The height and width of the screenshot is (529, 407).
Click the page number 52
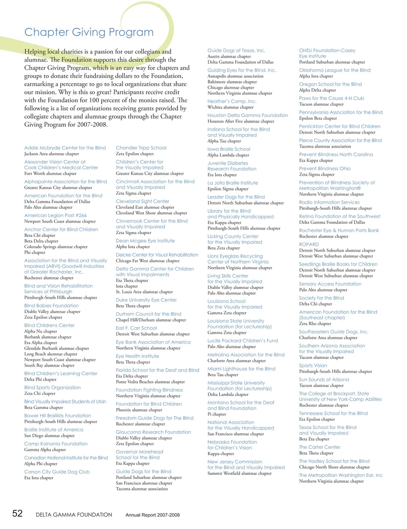[17, 514]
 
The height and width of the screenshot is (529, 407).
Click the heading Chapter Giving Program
[89, 32]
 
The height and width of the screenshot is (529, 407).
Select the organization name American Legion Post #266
[56, 216]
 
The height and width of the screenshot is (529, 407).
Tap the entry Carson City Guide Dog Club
[57, 472]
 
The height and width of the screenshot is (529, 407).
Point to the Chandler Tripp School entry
[141, 148]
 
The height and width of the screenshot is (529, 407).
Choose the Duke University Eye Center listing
[146, 300]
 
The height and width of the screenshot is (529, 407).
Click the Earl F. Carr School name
[137, 328]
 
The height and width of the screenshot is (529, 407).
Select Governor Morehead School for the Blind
[139, 455]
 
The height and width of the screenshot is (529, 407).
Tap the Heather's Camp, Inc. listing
[232, 101]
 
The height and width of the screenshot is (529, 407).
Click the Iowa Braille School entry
[229, 149]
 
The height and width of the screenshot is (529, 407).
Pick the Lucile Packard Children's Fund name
[243, 341]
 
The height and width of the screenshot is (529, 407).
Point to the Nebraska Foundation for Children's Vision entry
[232, 445]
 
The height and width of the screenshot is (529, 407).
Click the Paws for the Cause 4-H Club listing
[332, 98]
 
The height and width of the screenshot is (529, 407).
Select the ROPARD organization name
[309, 245]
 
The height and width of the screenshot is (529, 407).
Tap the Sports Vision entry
[313, 366]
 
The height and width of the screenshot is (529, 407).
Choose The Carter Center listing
[320, 447]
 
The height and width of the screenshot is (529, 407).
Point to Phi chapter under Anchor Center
[35, 252]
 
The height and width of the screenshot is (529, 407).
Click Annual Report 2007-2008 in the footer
[153, 515]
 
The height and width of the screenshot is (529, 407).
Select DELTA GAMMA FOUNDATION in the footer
[74, 515]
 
